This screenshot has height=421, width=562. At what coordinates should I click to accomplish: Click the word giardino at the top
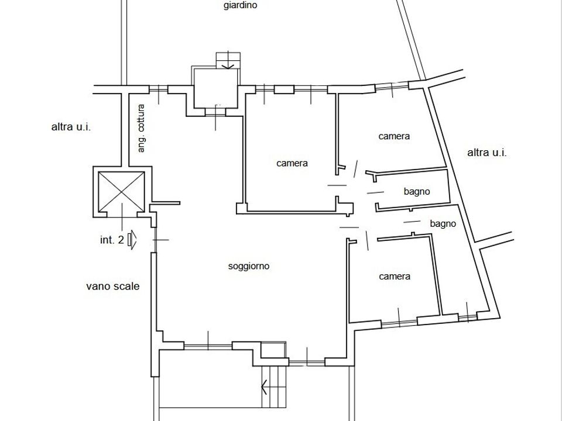tap(240, 5)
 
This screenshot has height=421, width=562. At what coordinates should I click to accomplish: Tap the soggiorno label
tap(249, 267)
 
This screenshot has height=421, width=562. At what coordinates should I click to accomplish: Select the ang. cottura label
tap(141, 128)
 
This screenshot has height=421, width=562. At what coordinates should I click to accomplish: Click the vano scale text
tap(112, 287)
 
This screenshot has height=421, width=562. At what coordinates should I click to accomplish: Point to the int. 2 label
tap(112, 240)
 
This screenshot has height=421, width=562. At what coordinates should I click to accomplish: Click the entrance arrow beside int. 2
tap(132, 240)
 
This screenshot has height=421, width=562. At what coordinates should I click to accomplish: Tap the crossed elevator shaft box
tap(122, 192)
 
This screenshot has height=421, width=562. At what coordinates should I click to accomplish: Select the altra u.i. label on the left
tap(71, 127)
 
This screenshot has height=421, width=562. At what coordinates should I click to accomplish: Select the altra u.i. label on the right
tap(486, 153)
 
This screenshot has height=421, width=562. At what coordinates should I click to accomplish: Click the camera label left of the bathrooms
tap(292, 163)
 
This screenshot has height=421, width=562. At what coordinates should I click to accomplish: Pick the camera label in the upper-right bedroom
tap(394, 136)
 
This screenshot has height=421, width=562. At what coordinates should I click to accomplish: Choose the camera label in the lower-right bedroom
tap(395, 277)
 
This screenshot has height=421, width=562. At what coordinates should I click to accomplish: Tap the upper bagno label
tap(417, 192)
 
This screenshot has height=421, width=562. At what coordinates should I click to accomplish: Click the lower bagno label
tap(443, 224)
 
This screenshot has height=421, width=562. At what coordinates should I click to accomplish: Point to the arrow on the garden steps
tap(228, 65)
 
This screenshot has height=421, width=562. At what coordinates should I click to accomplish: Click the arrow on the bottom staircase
tap(265, 387)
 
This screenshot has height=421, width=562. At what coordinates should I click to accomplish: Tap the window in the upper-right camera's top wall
tap(392, 86)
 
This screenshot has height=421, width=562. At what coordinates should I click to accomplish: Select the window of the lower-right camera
tap(399, 322)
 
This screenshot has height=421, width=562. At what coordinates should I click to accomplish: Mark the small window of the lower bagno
tap(467, 316)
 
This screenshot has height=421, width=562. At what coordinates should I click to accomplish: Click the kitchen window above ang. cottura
tap(159, 89)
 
